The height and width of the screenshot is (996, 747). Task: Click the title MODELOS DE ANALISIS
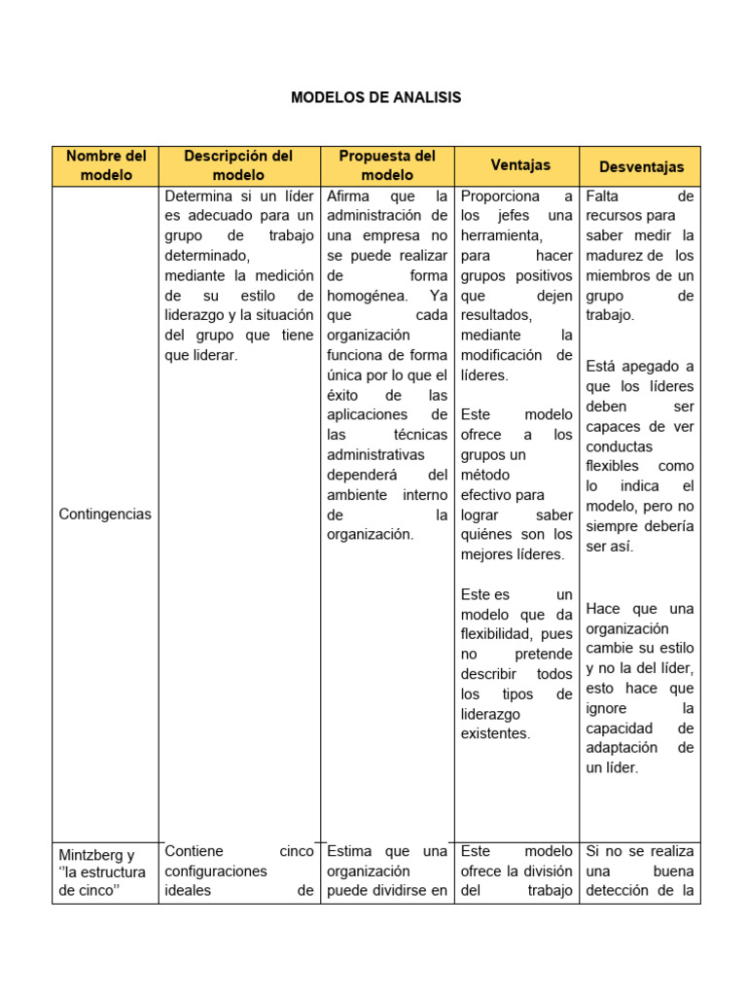click(x=375, y=97)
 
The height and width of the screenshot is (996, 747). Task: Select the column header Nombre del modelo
click(x=105, y=165)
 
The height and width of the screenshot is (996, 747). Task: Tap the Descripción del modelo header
click(x=238, y=165)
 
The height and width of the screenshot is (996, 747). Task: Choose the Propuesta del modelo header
click(x=387, y=165)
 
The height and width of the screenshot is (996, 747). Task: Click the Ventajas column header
click(x=520, y=165)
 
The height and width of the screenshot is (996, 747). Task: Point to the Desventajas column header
click(x=641, y=167)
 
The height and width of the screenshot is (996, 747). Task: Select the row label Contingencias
click(x=105, y=514)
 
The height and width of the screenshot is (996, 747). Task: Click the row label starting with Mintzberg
click(x=97, y=855)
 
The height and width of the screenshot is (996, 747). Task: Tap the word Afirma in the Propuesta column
click(x=348, y=196)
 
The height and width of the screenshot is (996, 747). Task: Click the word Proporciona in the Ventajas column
click(x=500, y=196)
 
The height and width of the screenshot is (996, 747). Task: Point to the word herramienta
click(x=502, y=235)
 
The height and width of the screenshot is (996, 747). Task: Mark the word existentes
click(x=495, y=733)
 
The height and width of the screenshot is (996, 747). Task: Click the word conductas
click(x=619, y=445)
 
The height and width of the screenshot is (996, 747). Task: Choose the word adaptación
click(x=622, y=747)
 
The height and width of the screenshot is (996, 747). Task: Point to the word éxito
click(x=346, y=395)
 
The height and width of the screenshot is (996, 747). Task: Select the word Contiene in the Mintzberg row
click(x=195, y=851)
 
